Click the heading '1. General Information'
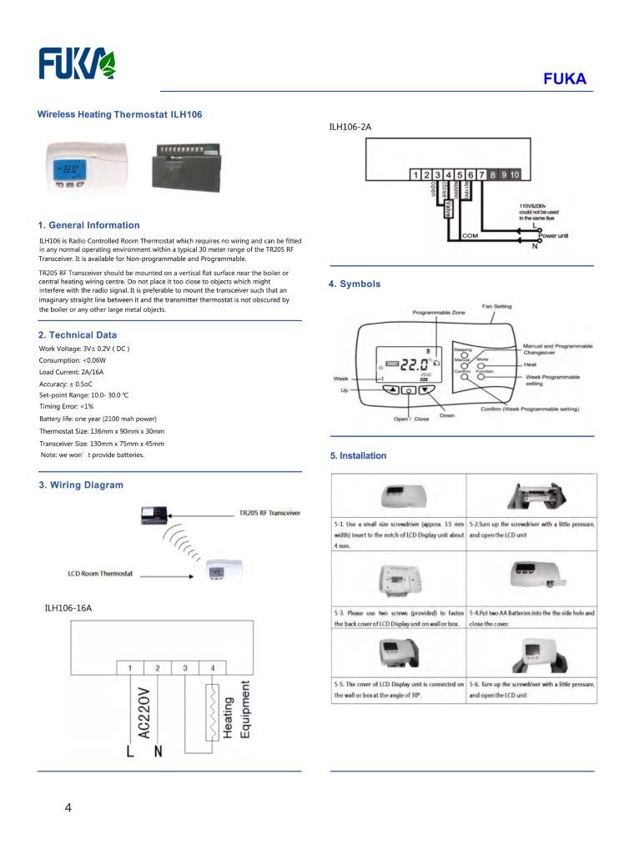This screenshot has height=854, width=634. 89,225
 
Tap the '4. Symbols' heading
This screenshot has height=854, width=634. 355,284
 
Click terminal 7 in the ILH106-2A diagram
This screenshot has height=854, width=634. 481,174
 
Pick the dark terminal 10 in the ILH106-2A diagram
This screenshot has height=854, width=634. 515,174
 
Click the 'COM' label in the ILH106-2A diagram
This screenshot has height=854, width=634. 470,236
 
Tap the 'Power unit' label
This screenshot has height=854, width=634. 553,236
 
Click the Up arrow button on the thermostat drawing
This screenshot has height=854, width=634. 390,389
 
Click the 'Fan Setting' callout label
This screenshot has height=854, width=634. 496,306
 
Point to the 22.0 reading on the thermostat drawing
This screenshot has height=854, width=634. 415,365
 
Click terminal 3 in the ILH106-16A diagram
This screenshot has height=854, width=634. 185,668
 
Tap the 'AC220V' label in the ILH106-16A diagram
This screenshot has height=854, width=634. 143,713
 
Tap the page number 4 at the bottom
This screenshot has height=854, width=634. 68,807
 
